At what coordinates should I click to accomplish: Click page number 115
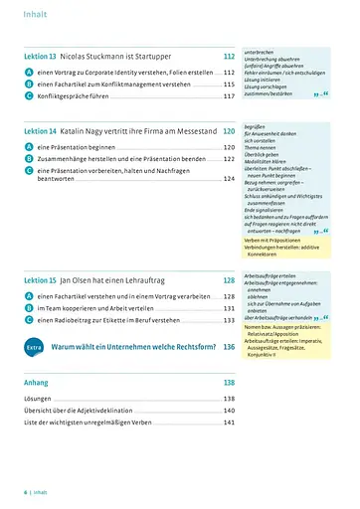pos(229,85)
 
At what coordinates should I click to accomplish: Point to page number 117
pos(229,96)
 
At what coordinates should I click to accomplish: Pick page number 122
pos(229,158)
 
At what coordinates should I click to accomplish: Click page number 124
pos(229,180)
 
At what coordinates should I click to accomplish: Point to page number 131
pos(229,308)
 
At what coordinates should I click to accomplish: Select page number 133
pos(229,320)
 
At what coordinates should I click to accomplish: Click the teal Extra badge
pos(33,347)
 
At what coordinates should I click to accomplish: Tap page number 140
pos(229,410)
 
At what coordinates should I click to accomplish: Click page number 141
pos(229,423)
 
